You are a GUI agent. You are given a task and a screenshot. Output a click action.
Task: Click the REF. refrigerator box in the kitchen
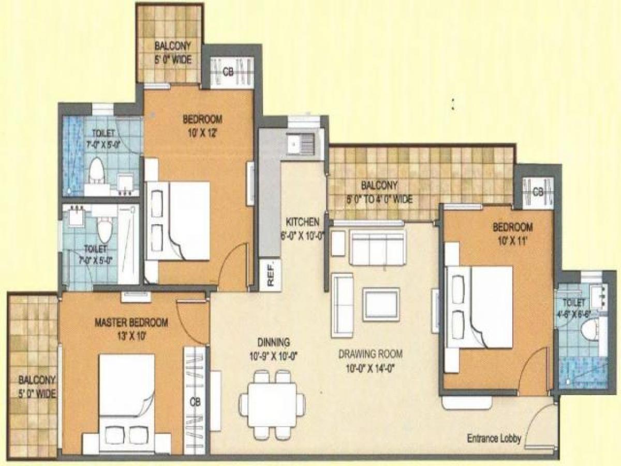(270, 274)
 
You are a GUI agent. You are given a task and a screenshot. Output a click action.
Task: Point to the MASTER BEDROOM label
(131, 323)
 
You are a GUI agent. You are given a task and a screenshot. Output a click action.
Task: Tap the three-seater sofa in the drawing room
(377, 248)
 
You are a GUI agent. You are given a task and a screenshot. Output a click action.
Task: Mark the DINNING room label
(274, 342)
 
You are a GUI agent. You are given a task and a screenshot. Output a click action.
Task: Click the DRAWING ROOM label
(371, 355)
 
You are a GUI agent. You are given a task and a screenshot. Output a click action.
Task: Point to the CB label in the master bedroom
(195, 401)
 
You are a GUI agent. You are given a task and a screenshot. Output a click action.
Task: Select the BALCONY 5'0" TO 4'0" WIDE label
(379, 192)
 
